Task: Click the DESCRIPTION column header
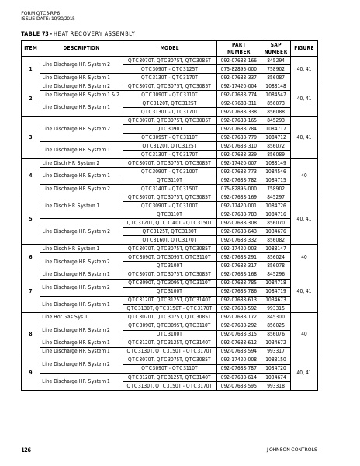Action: pos(81,48)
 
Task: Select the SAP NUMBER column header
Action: pos(275,48)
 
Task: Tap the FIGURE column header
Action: pos(304,48)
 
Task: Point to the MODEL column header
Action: pos(169,48)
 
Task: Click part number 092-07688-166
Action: pos(238,60)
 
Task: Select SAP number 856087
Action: pos(275,77)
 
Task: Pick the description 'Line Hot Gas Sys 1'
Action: pos(64,317)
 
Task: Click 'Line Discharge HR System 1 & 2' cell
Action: pos(81,94)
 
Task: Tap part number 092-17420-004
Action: pos(238,85)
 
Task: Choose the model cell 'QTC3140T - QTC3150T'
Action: pos(169,189)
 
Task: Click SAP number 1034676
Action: pos(275,231)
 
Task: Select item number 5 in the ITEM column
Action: pos(30,218)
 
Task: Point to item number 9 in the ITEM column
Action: pos(30,373)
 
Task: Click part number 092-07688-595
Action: pos(238,385)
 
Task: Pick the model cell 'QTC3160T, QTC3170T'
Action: pos(169,240)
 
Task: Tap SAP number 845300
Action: pos(275,317)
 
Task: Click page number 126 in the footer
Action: pos(26,450)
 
